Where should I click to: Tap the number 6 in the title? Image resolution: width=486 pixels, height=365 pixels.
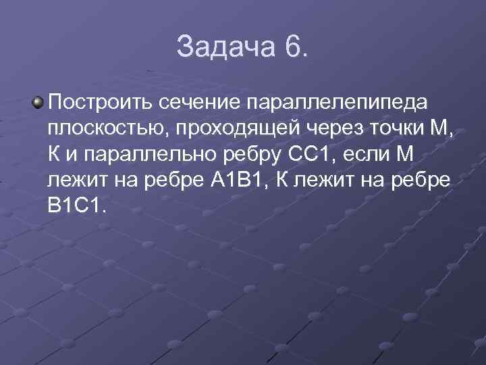294,47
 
